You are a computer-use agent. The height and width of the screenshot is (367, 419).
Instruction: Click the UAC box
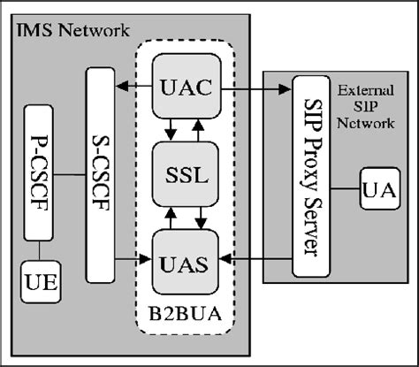tap(187, 88)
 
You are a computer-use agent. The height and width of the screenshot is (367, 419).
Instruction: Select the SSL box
tap(187, 174)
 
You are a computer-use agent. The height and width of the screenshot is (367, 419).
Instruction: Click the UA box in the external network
tap(377, 190)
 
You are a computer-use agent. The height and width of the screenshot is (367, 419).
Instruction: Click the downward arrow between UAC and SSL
tap(174, 130)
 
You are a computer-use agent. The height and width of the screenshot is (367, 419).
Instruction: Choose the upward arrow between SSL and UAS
tap(202, 216)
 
